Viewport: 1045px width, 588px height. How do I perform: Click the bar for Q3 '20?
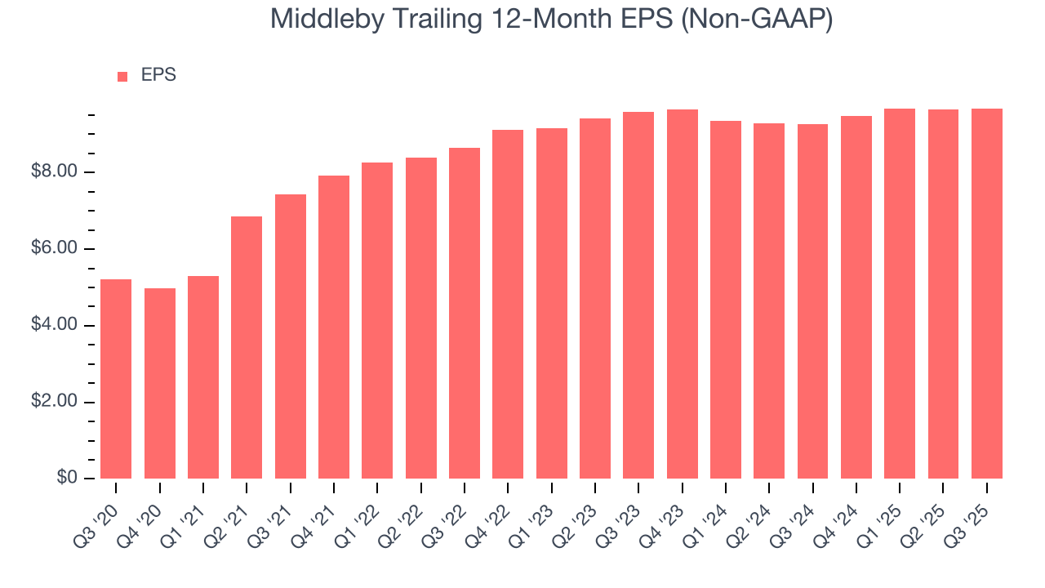[116, 379]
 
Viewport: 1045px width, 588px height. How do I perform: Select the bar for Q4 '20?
[160, 383]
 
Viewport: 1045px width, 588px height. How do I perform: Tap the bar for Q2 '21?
[247, 347]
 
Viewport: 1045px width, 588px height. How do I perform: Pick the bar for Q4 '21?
[334, 327]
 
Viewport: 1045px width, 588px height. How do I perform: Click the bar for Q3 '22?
[465, 313]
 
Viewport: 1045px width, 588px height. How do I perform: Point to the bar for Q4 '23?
[682, 294]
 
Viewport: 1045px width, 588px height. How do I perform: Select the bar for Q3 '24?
[812, 301]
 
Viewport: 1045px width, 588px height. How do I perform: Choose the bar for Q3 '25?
[986, 293]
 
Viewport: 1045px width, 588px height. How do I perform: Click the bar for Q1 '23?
[551, 303]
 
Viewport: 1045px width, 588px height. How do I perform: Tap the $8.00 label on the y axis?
[55, 172]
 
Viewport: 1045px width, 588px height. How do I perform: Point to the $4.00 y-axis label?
[55, 326]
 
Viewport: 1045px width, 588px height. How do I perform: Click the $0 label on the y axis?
[67, 479]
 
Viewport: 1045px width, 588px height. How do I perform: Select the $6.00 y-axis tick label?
[55, 249]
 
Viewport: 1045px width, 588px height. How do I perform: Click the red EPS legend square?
[122, 76]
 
